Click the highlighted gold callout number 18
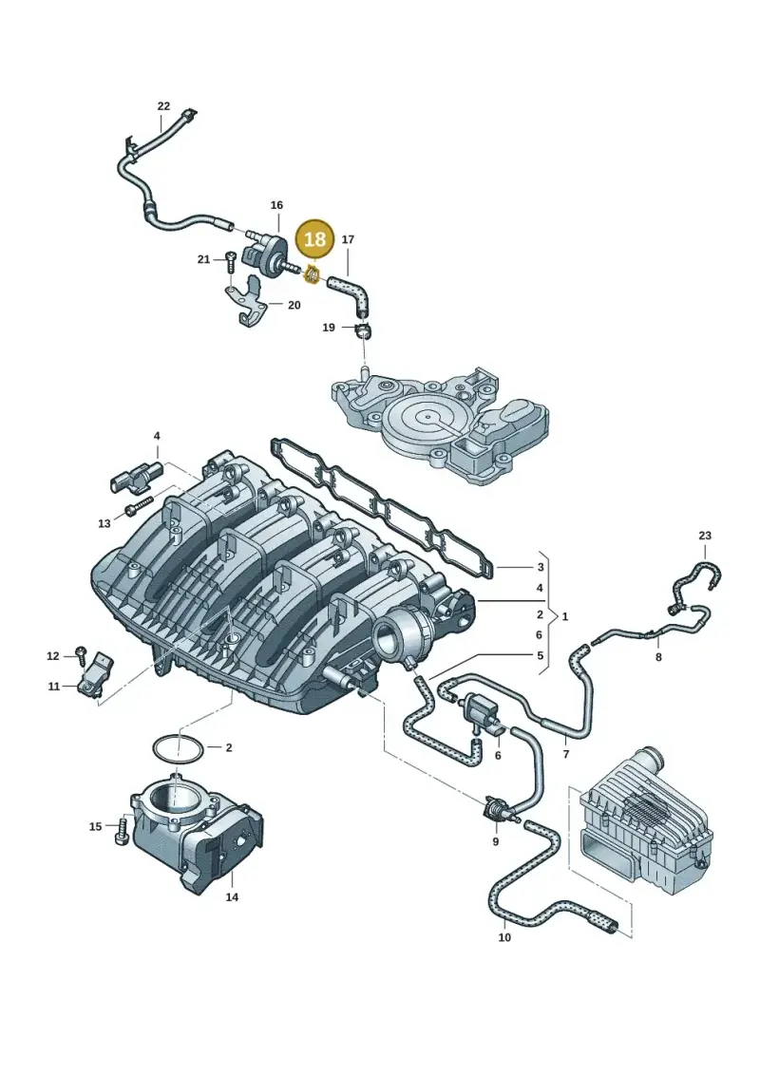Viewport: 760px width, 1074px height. (315, 239)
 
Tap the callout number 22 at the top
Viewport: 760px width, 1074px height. (163, 106)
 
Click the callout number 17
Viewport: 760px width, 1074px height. (348, 239)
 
